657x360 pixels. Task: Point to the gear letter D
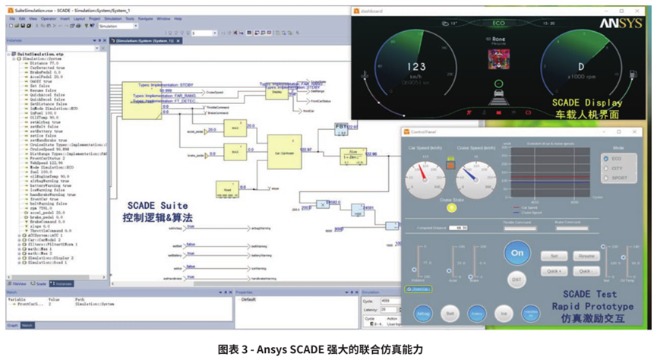(582, 67)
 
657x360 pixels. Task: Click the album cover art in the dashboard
(498, 58)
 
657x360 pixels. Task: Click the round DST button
(516, 279)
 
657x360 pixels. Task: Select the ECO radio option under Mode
(606, 159)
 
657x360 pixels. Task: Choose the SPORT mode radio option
(606, 178)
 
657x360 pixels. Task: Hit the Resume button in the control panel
(586, 256)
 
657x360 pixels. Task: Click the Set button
(554, 256)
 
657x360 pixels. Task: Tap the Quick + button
(554, 270)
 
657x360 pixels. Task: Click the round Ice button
(503, 313)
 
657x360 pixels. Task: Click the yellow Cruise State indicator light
(451, 207)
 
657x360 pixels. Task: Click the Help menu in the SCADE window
(178, 18)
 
